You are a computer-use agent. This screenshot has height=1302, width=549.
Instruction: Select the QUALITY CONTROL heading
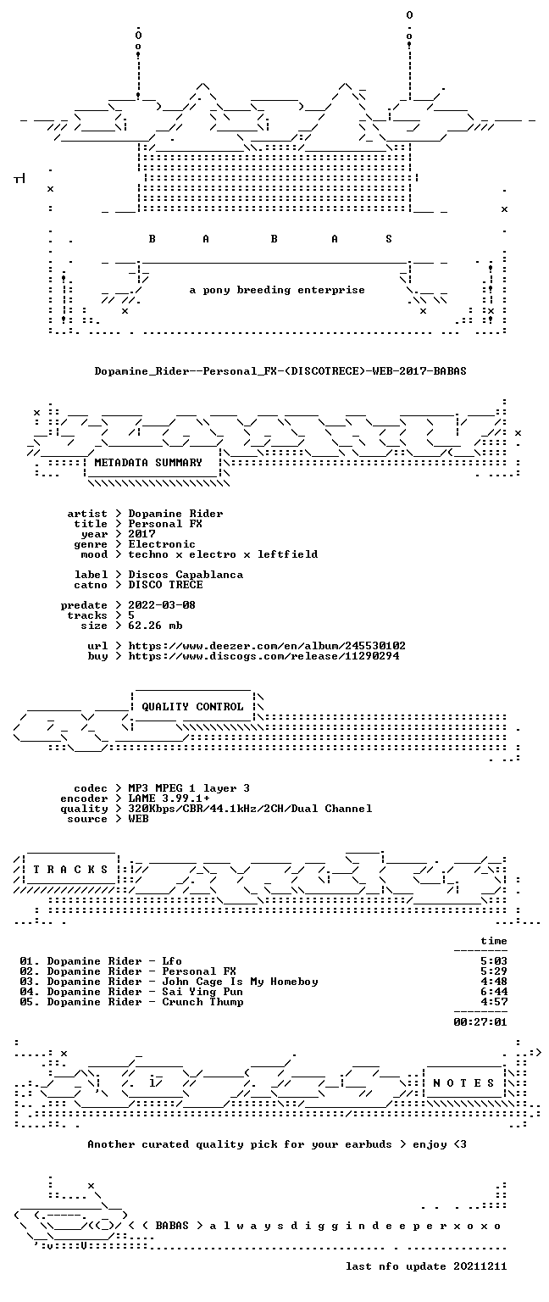(192, 707)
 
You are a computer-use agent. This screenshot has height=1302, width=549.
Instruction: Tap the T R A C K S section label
(70, 870)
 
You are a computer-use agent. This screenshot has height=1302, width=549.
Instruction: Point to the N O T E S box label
(463, 1082)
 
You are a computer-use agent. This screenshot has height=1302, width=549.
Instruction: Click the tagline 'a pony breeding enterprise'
(277, 290)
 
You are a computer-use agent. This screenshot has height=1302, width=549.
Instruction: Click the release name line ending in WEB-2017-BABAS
(280, 370)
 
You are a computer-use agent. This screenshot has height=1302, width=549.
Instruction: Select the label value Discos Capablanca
(186, 574)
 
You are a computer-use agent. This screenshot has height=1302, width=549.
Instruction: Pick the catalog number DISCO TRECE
(165, 585)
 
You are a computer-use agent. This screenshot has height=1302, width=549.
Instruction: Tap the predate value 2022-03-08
(162, 605)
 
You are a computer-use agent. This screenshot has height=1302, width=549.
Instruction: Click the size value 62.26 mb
(156, 626)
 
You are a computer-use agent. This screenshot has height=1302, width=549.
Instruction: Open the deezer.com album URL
(267, 646)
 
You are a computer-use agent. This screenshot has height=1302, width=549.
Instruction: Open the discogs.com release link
(263, 656)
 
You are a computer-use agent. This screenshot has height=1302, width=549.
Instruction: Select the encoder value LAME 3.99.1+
(169, 798)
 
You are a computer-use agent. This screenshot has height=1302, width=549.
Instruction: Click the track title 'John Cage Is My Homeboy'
(240, 982)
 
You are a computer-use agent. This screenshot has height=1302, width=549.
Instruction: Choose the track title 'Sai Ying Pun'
(202, 993)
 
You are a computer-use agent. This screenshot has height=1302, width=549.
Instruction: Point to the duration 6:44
(494, 992)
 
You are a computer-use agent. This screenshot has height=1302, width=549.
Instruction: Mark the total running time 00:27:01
(480, 1021)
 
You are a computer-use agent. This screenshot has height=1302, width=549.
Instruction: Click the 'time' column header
(494, 940)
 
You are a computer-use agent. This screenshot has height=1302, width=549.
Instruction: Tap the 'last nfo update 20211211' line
(426, 1266)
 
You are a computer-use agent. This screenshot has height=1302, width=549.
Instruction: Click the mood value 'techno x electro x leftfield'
(223, 554)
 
